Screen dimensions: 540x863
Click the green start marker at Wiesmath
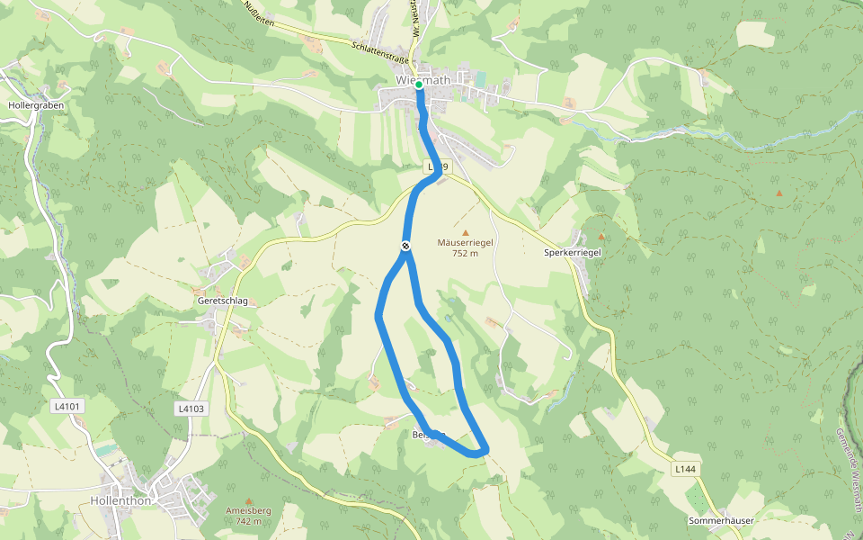419,84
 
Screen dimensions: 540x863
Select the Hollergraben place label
32,105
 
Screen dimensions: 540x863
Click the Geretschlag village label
222,301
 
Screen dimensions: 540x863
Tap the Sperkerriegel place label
572,253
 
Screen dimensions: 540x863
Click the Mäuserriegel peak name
465,242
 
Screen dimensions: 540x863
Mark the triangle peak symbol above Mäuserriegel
466,232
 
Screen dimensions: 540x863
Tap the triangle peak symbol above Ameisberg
249,500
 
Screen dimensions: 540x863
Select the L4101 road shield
67,407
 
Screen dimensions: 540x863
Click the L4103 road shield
191,409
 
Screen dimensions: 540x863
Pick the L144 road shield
685,469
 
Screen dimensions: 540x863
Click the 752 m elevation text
465,253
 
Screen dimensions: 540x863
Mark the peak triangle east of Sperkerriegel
778,193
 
